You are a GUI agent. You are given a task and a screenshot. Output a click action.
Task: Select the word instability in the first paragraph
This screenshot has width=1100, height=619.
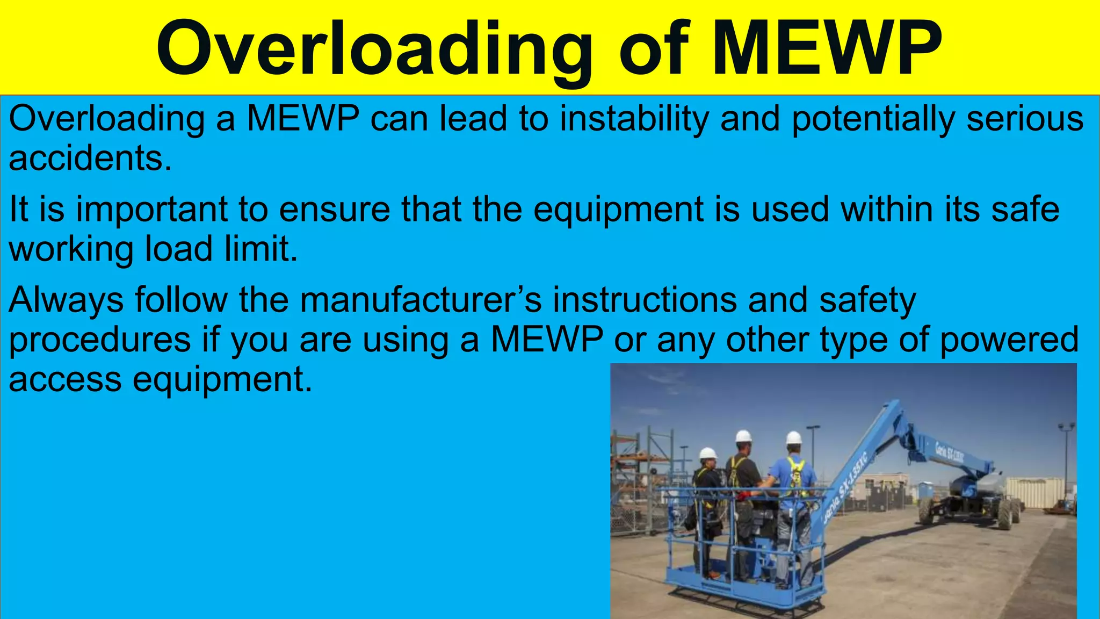click(634, 119)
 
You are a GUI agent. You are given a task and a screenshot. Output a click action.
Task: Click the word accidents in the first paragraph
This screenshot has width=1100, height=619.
click(90, 159)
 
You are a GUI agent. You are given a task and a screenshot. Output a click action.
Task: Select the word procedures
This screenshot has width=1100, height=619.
click(100, 340)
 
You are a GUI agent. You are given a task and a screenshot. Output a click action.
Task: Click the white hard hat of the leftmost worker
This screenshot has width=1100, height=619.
click(708, 453)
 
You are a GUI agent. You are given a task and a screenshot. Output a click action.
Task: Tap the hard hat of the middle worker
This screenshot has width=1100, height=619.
click(743, 436)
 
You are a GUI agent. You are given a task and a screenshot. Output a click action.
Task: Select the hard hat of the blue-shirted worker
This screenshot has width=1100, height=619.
click(793, 437)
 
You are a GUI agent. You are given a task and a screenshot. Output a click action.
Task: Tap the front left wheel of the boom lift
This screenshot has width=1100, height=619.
click(926, 510)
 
